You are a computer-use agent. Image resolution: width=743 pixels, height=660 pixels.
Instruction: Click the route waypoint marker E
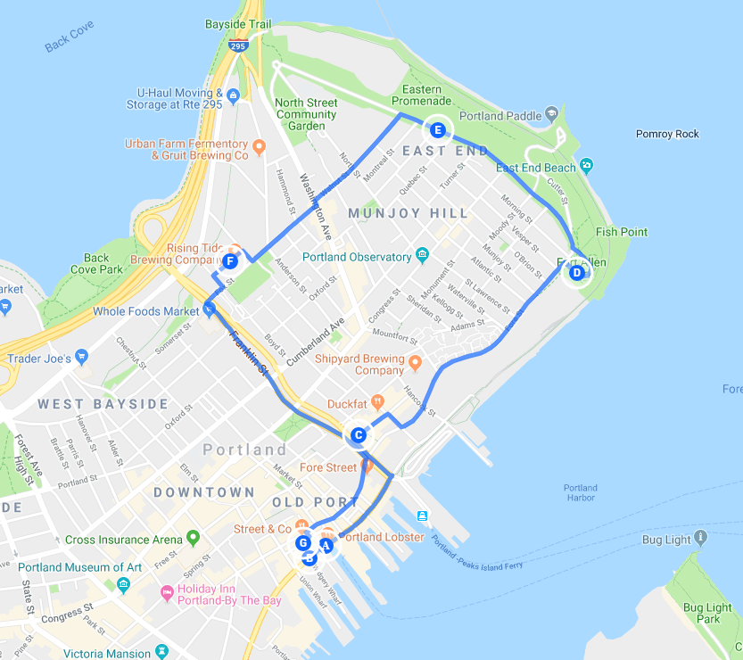point(438,129)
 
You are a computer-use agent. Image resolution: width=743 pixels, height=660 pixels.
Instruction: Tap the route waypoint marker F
point(230,261)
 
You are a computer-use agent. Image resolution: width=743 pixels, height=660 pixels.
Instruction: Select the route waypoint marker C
point(358,435)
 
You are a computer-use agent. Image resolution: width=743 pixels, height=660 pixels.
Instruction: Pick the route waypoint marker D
point(576,272)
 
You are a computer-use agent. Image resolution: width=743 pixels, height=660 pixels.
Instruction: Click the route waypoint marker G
point(303,542)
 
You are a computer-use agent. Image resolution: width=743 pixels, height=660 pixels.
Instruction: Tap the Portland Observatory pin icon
point(422,257)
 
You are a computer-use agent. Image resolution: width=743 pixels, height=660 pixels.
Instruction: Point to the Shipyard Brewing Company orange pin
point(415,362)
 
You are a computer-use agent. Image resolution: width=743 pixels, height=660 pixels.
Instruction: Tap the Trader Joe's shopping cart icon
point(82,358)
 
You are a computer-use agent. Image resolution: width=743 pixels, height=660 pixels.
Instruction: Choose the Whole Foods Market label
point(145,311)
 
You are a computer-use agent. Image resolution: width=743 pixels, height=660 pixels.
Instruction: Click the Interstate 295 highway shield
point(237,45)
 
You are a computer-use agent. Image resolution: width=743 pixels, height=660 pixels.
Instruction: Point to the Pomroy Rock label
point(667,134)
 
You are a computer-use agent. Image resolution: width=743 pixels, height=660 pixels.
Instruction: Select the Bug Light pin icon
point(700,538)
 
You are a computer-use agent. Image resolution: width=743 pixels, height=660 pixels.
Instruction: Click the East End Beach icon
point(586,165)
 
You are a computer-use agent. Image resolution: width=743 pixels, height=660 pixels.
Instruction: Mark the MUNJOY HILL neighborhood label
point(408,213)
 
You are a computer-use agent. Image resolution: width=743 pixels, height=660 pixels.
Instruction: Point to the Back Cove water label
point(69,41)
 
